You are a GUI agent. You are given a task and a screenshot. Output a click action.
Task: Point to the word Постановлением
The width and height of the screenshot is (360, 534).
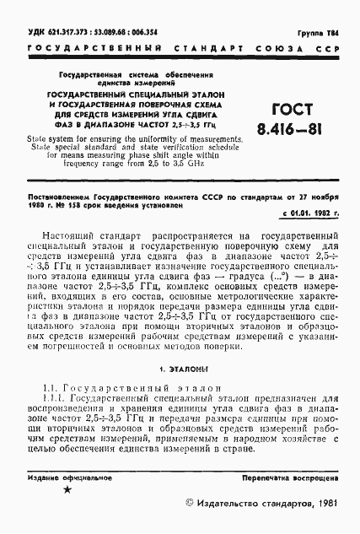click(x=56, y=195)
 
